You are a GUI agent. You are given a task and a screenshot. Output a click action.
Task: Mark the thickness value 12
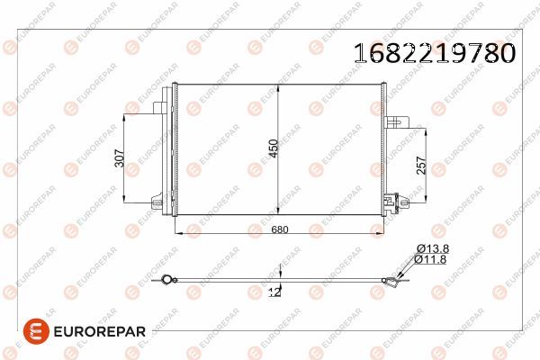pos(275,292)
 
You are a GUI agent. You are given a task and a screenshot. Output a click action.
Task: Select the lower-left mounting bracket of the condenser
pos(162,205)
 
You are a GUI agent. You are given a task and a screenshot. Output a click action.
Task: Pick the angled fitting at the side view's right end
pos(393,284)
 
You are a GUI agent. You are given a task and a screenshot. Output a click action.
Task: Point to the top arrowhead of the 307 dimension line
pos(129,114)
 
